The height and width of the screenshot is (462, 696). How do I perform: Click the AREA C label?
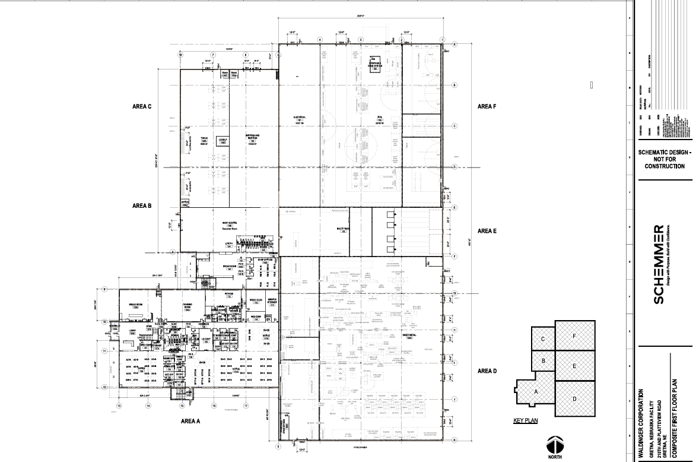point(142,107)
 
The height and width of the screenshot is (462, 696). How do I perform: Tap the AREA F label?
point(487,106)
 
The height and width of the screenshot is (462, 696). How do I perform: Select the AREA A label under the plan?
point(191,420)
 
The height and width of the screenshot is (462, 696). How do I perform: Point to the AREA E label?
point(487,230)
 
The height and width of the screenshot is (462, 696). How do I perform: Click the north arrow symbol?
point(554,445)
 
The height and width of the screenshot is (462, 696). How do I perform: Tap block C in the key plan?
point(543,338)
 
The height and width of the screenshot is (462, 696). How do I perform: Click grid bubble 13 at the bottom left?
point(119,406)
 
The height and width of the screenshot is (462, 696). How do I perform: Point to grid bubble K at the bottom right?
point(454,440)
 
